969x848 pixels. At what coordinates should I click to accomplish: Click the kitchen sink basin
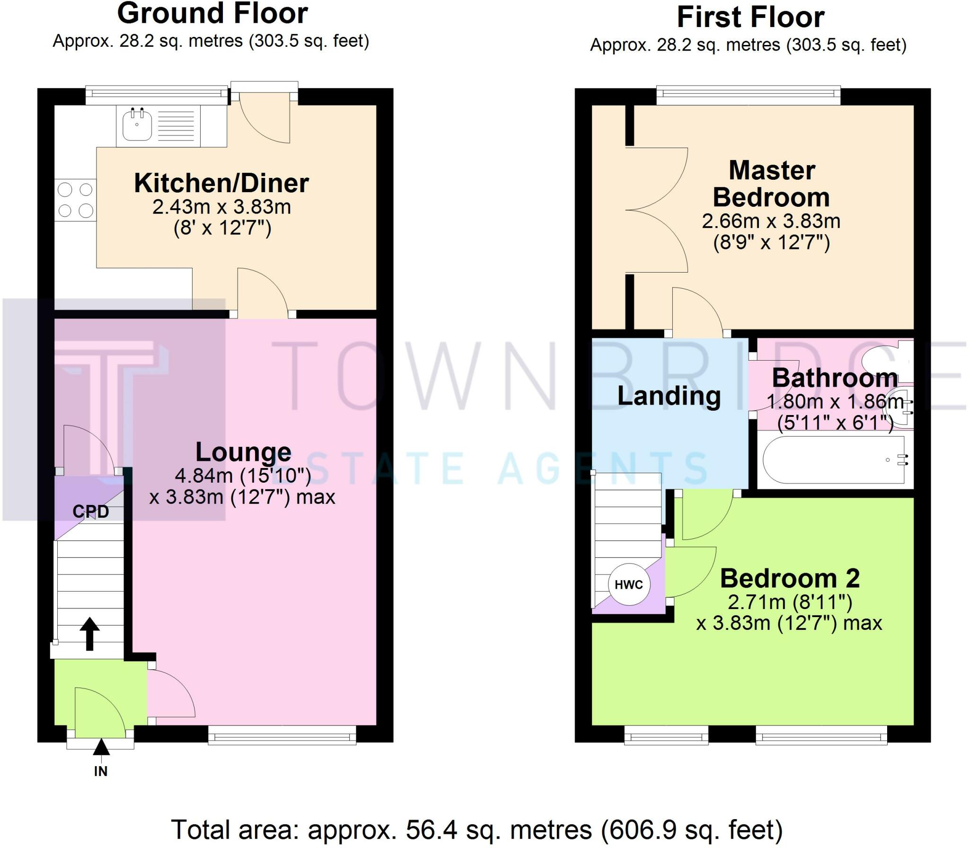pyautogui.click(x=137, y=125)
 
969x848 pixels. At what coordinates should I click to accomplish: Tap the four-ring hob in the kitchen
pyautogui.click(x=76, y=200)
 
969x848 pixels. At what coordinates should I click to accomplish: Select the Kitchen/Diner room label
pyautogui.click(x=221, y=183)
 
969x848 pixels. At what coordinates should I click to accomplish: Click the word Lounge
pyautogui.click(x=244, y=452)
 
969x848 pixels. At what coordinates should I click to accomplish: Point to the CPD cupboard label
pyautogui.click(x=91, y=512)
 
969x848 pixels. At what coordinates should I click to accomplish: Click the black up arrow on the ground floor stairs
pyautogui.click(x=89, y=634)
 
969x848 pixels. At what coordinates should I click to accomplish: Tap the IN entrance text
pyautogui.click(x=101, y=771)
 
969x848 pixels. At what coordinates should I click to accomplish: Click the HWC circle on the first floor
pyautogui.click(x=629, y=584)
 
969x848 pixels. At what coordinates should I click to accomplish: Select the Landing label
pyautogui.click(x=669, y=396)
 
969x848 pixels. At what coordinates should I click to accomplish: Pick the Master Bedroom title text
pyautogui.click(x=772, y=184)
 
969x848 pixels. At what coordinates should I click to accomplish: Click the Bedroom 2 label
pyautogui.click(x=790, y=578)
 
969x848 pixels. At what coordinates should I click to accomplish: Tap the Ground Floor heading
pyautogui.click(x=212, y=13)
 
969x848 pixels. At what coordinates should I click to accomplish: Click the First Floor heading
pyautogui.click(x=751, y=18)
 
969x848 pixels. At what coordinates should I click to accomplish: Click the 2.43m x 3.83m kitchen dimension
pyautogui.click(x=221, y=207)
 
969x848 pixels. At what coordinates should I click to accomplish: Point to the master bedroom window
pyautogui.click(x=749, y=96)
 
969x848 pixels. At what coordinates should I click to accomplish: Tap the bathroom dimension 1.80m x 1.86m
pyautogui.click(x=835, y=402)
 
